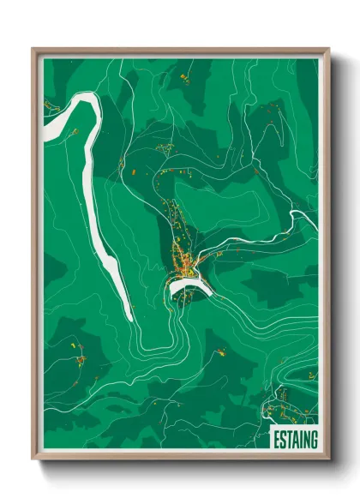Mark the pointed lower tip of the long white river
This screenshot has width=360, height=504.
point(129,319)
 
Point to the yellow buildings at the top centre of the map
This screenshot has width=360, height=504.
point(184,79)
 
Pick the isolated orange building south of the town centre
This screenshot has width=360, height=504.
point(220,351)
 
